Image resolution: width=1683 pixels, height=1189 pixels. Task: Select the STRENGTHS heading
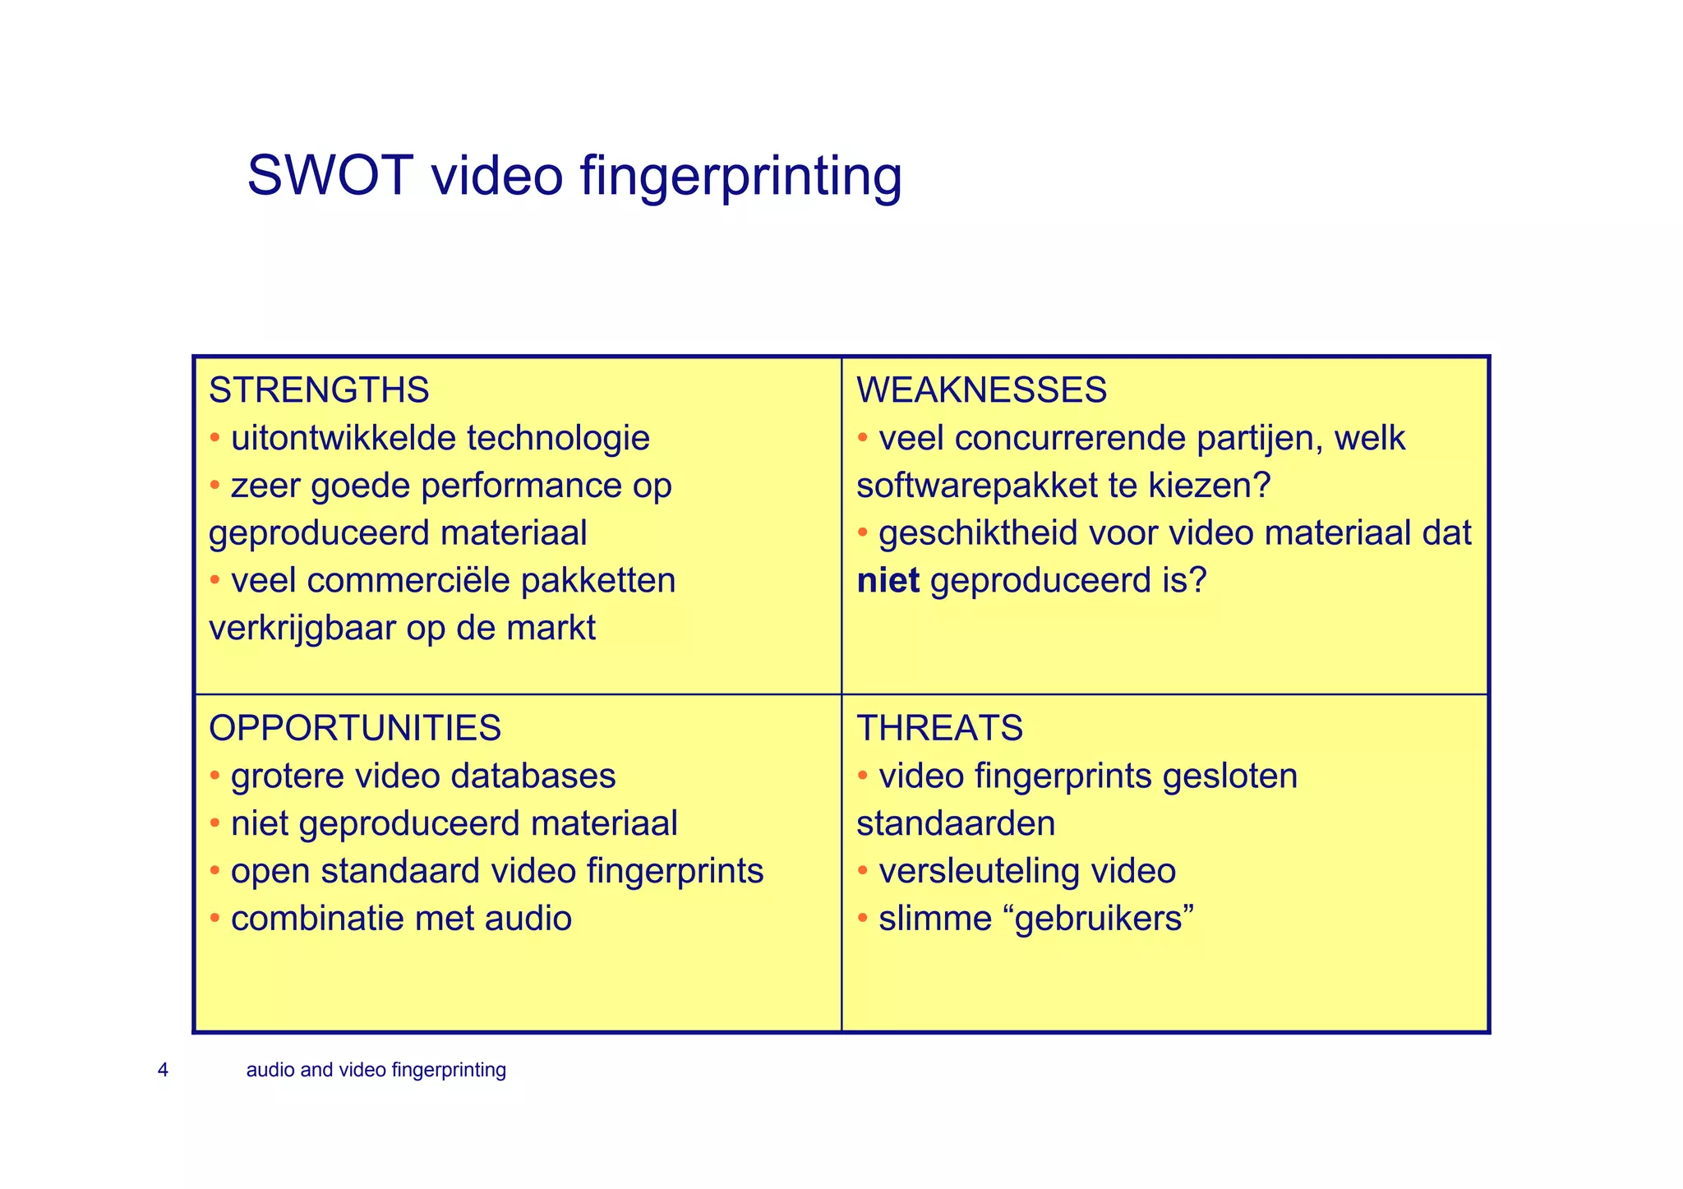tap(319, 390)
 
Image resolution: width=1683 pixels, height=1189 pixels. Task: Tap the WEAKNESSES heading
tap(981, 390)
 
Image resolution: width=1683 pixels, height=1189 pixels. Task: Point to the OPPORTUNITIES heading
tap(355, 729)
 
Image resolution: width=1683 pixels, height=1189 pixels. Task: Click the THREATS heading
tap(939, 729)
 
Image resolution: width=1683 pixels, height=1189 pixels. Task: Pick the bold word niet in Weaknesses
tap(888, 581)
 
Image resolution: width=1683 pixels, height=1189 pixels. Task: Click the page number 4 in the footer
tap(163, 1070)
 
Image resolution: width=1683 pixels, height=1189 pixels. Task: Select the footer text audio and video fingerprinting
tap(376, 1070)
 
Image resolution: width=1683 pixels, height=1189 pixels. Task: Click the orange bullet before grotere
tap(214, 777)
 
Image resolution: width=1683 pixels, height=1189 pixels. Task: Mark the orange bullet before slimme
tap(863, 919)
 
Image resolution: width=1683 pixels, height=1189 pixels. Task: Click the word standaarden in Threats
tap(956, 823)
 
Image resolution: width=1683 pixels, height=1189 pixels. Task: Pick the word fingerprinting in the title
tap(741, 177)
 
